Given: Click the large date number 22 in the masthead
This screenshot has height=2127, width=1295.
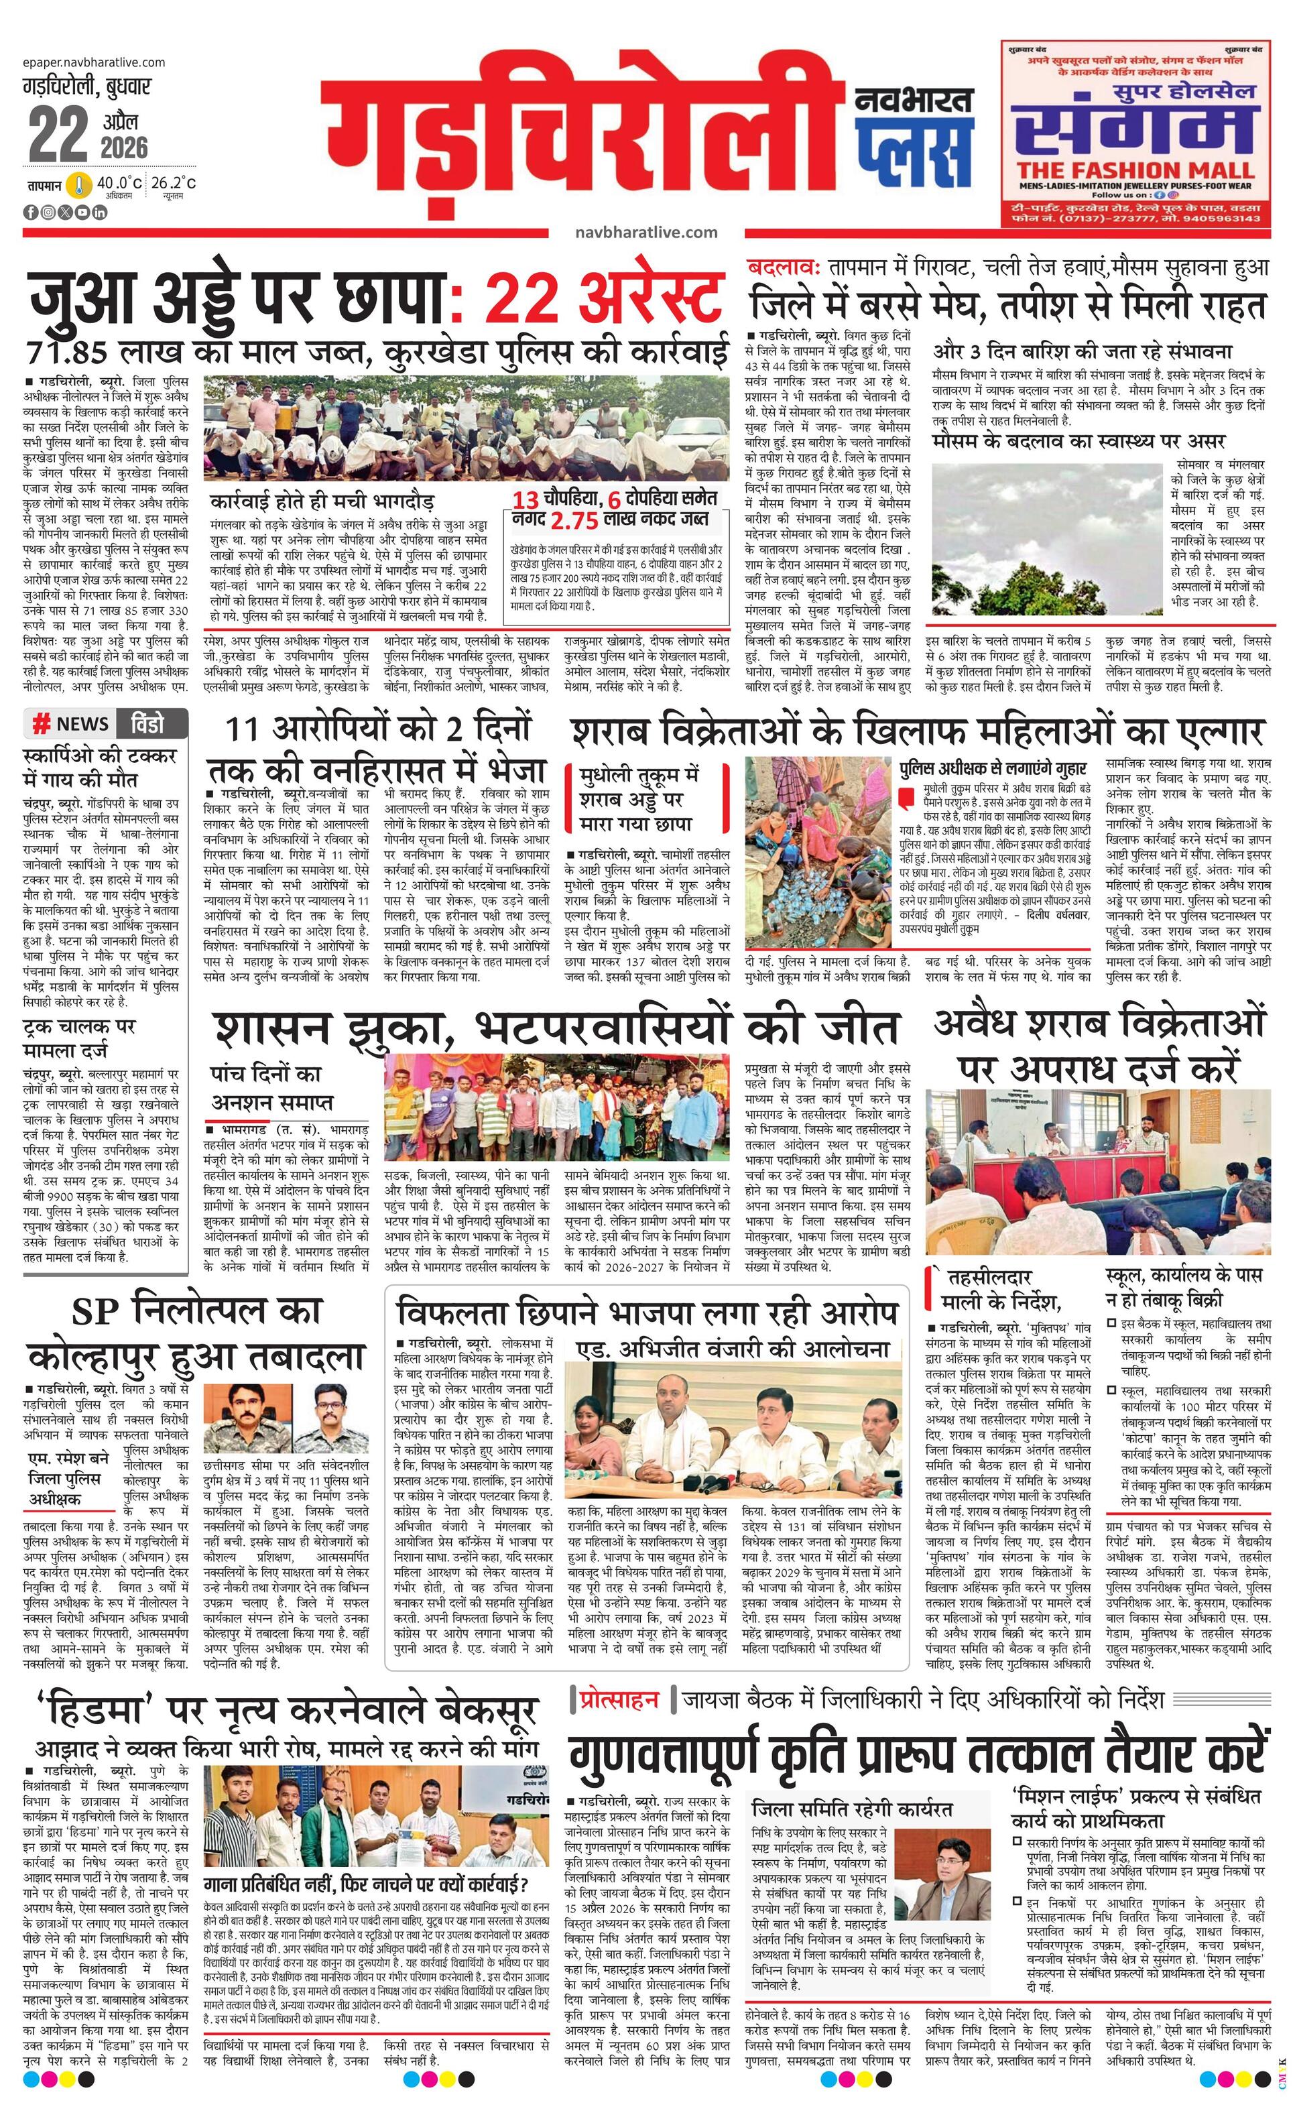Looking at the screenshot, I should tap(58, 134).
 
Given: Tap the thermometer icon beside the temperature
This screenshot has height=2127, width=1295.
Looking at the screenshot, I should tap(79, 186).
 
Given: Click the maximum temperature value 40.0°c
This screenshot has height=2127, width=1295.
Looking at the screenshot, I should tap(119, 183).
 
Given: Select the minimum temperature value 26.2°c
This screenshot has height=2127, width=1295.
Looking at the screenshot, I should tap(174, 183).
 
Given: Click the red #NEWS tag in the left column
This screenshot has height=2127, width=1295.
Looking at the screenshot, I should tap(71, 723).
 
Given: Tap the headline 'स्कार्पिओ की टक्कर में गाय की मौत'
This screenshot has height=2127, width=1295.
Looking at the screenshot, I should tap(99, 768).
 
